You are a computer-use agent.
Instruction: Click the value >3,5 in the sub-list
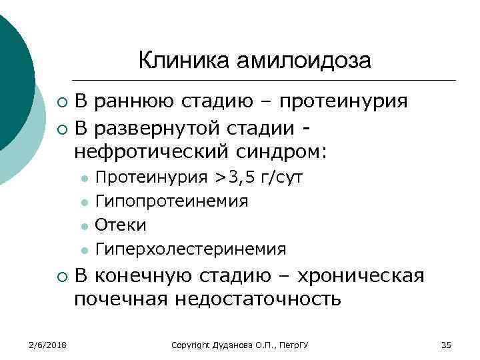coord(234,178)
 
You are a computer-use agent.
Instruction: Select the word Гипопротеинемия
coord(172,201)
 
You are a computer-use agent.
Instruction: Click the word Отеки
coord(121,225)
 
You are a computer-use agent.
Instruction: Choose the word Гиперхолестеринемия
coord(191,249)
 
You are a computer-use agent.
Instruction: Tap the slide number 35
coord(447,345)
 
